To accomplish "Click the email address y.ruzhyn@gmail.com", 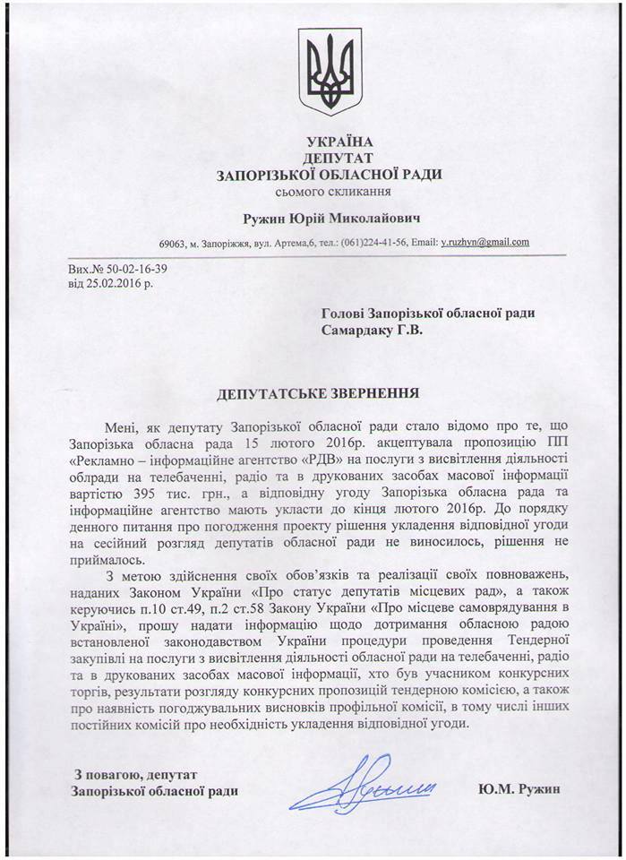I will pos(485,242).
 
